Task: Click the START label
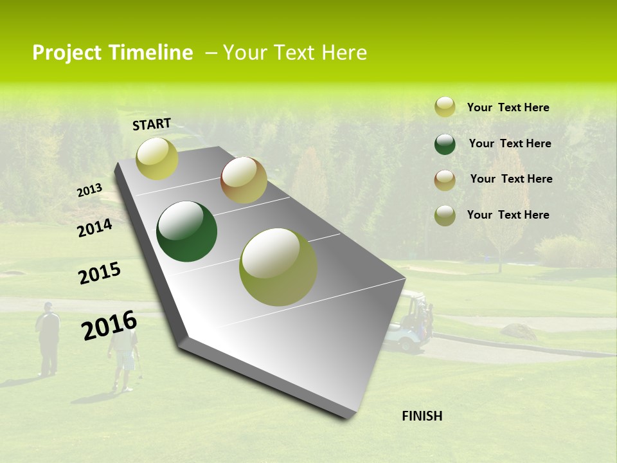(x=152, y=124)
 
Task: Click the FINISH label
(x=422, y=416)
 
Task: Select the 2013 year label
(x=90, y=190)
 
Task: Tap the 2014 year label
(x=94, y=228)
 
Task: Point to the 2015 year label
(x=100, y=273)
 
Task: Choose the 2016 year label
(x=109, y=325)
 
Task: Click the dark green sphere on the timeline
(x=186, y=232)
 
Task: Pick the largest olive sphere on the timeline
(x=278, y=267)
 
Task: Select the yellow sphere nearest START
(x=157, y=158)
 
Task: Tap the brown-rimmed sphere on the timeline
(x=244, y=180)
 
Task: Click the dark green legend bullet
(x=445, y=144)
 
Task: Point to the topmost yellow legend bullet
(x=445, y=107)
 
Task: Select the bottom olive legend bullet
(x=445, y=215)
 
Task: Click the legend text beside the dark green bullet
(x=510, y=143)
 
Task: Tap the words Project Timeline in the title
(x=112, y=53)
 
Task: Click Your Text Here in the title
(x=295, y=53)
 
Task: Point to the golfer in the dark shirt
(x=48, y=338)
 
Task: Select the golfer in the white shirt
(x=123, y=360)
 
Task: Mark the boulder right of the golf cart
(x=518, y=332)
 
